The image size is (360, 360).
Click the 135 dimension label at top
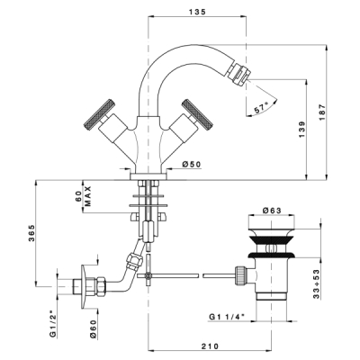tap(197, 12)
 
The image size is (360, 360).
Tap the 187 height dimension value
tap(322, 112)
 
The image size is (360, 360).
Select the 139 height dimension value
tap(301, 130)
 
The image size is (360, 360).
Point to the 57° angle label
tap(261, 107)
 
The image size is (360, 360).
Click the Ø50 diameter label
tap(192, 164)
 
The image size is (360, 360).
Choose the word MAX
tap(87, 196)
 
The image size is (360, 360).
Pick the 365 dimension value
tap(31, 233)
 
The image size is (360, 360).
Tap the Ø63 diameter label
tap(272, 211)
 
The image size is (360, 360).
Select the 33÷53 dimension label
tap(316, 284)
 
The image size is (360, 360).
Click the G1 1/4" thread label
tap(227, 317)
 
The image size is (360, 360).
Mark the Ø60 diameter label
tap(94, 329)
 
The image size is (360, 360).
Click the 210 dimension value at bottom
tap(210, 346)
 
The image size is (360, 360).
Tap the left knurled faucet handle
tap(99, 114)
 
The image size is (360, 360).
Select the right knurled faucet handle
tap(198, 114)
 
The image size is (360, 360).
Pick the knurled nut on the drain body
tap(241, 275)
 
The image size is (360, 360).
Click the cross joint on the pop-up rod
tap(148, 275)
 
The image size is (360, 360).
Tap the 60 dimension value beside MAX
tap(78, 196)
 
